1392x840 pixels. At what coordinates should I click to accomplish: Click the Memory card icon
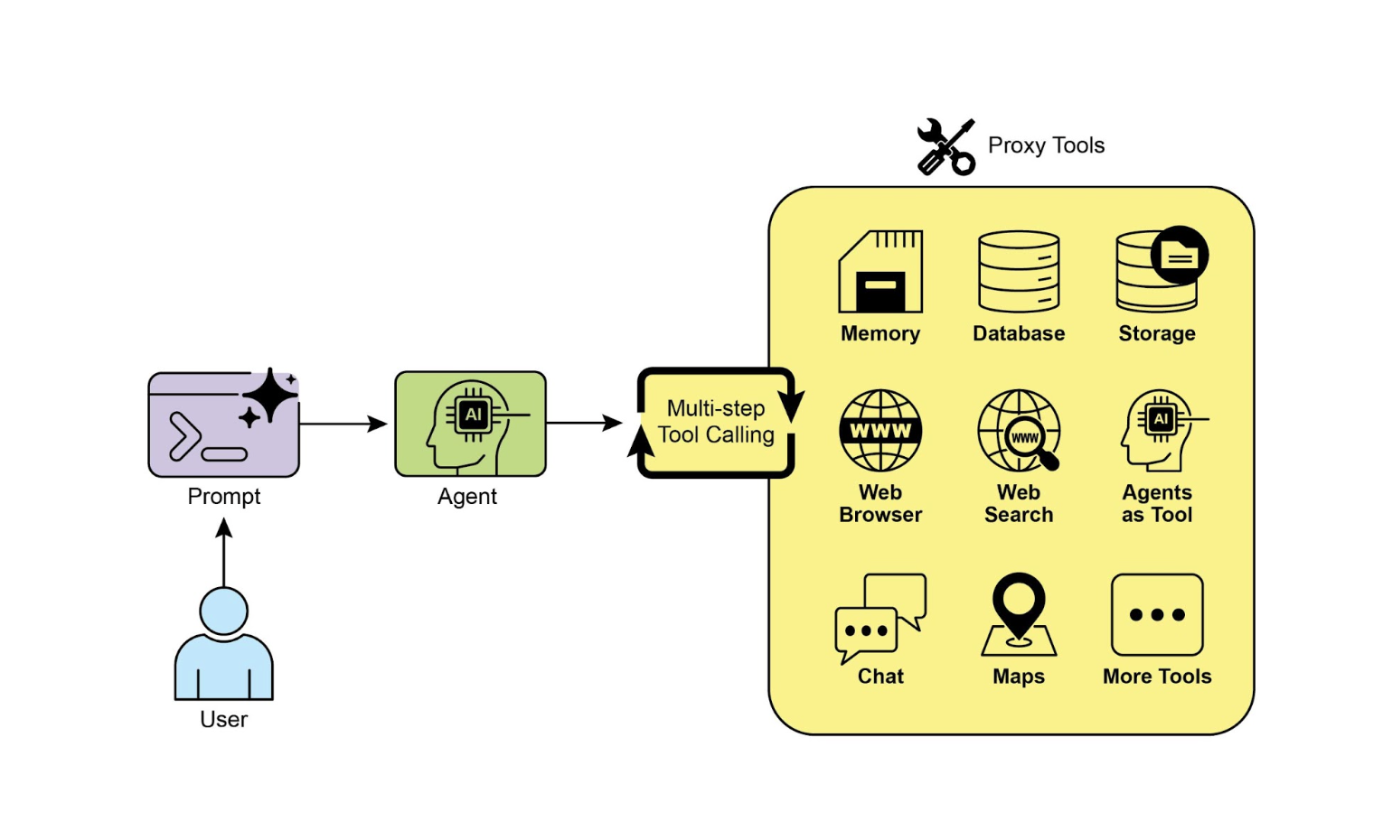[880, 272]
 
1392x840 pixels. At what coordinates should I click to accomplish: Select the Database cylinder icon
[1019, 272]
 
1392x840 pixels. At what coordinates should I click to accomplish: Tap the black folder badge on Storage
[1180, 256]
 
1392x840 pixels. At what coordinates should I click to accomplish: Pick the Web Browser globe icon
[880, 431]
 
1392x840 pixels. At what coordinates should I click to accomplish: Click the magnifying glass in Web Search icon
[1030, 442]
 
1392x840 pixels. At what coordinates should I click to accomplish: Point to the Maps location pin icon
[1019, 614]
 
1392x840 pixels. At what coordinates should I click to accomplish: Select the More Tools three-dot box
[1157, 615]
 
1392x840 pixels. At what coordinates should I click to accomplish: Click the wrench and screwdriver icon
[945, 147]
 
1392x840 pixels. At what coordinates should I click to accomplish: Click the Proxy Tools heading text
[1046, 145]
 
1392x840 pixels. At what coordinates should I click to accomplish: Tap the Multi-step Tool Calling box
[716, 423]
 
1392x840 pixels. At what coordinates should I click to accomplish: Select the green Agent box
[470, 424]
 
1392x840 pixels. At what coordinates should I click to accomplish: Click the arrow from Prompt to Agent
[343, 424]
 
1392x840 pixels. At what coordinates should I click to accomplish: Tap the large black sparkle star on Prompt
[269, 396]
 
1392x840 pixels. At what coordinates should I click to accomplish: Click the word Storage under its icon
[1157, 333]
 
